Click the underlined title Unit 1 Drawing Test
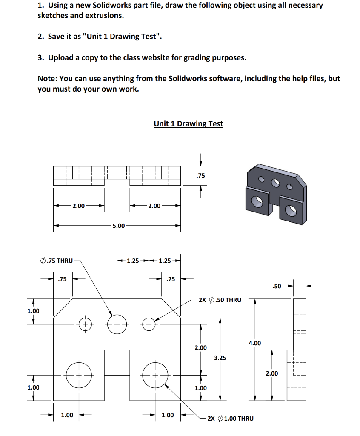[x=188, y=123]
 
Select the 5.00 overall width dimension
[x=118, y=226]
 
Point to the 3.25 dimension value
[x=220, y=358]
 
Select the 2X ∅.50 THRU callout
[x=220, y=300]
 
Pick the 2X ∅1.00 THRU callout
[x=230, y=418]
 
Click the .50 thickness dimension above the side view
[x=277, y=286]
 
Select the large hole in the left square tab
[x=78, y=375]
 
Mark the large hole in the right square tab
[x=155, y=375]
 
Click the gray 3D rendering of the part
[x=275, y=192]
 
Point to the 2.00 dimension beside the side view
[x=272, y=373]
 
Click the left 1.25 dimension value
[x=133, y=261]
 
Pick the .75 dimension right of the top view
[x=201, y=175]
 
